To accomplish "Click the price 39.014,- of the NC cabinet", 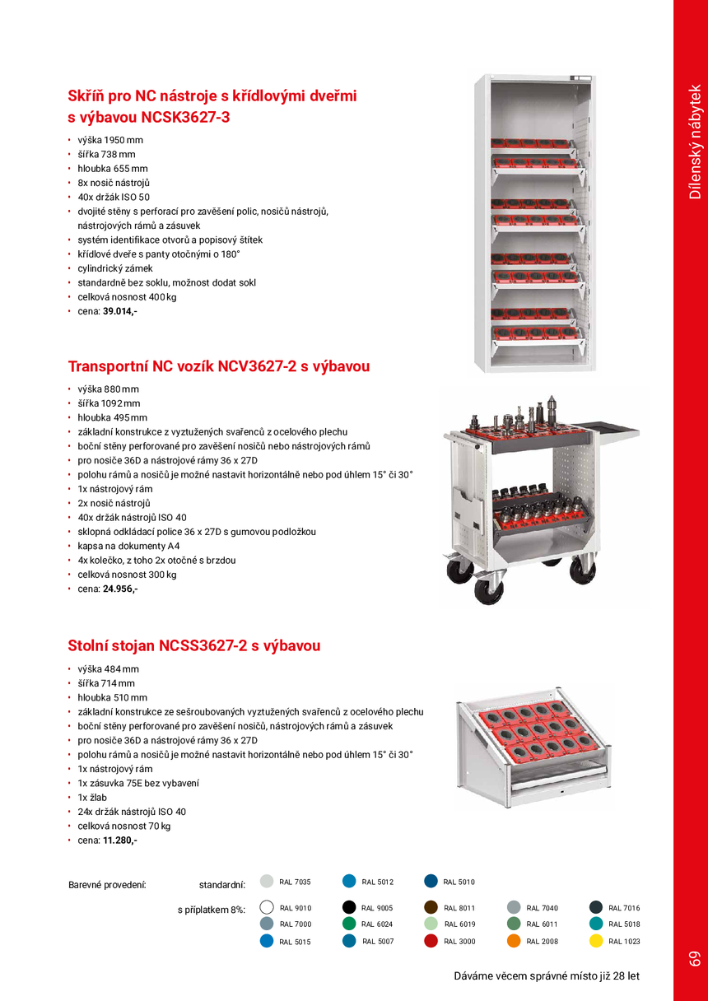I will pos(119,311).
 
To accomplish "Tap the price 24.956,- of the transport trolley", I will pos(119,589).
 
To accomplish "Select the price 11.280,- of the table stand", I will pos(119,840).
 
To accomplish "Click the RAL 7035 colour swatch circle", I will pos(266,882).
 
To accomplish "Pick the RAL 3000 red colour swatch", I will pos(431,941).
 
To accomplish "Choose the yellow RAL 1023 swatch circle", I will pos(596,941).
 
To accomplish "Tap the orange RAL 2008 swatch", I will pos(514,941).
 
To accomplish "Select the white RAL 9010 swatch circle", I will pos(266,907).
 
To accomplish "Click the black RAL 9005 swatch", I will pos(348,907).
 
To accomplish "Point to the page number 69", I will pos(694,958).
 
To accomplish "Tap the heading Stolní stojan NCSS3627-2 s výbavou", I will pos(194,646).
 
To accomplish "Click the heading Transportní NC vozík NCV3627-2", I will pos(219,366).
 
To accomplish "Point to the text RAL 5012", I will pos(378,882).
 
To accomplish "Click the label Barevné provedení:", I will pos(107,885).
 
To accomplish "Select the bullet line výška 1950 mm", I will pos(110,140).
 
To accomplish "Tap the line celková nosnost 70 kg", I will pos(124,826).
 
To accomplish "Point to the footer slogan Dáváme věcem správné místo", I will pos(547,976).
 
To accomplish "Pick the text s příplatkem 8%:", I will pos(212,910).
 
